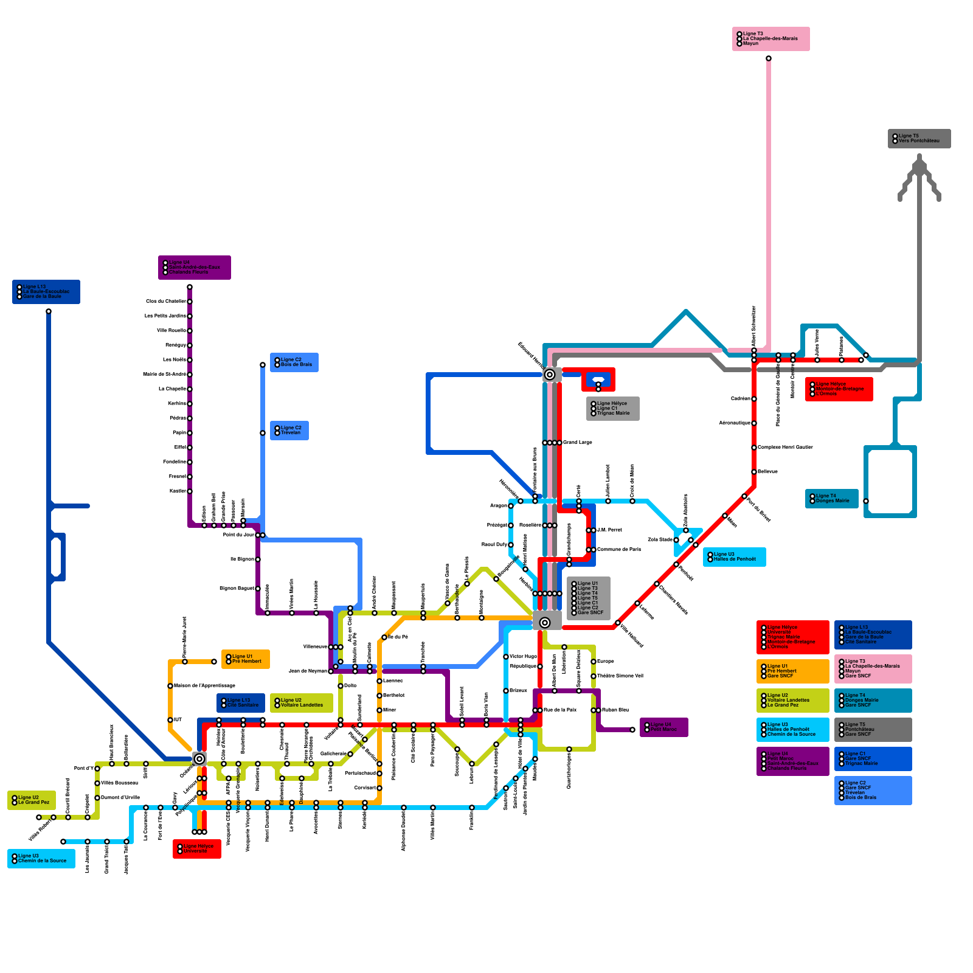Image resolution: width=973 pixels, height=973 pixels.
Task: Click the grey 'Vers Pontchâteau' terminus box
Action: click(x=919, y=139)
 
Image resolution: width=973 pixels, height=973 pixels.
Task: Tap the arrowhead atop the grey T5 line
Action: click(x=919, y=159)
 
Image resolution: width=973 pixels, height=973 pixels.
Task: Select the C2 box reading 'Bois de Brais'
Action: click(x=294, y=362)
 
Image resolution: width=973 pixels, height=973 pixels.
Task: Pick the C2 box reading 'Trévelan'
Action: click(x=289, y=431)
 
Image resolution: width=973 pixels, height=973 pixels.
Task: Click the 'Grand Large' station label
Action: click(x=577, y=442)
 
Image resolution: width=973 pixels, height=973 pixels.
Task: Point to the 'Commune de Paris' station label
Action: click(x=618, y=549)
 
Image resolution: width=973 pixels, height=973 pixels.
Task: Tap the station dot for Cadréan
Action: click(x=754, y=399)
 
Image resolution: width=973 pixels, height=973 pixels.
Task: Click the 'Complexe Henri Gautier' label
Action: click(x=784, y=447)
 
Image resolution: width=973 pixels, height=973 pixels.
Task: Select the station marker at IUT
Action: click(x=170, y=720)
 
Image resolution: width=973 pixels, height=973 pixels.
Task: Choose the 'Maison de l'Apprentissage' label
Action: click(x=204, y=685)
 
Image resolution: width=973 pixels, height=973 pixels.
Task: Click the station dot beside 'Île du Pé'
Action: click(x=384, y=637)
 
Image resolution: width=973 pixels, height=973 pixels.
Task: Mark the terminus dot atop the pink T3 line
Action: click(x=769, y=58)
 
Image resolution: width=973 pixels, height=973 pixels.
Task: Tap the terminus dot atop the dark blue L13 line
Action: click(x=49, y=311)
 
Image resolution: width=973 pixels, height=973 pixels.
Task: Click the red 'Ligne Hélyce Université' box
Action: click(x=197, y=849)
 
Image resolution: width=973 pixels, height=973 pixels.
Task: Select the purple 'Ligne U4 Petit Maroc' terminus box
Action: click(x=664, y=727)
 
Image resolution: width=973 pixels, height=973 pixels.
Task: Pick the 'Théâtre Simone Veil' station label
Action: click(x=620, y=676)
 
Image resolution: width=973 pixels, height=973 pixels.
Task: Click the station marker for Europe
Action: click(x=594, y=662)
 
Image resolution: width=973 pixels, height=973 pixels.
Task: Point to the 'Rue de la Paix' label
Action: click(x=559, y=710)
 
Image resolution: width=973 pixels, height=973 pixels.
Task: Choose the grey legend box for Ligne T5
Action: click(x=873, y=730)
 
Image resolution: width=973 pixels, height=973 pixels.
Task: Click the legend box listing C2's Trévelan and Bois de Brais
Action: click(x=873, y=791)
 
